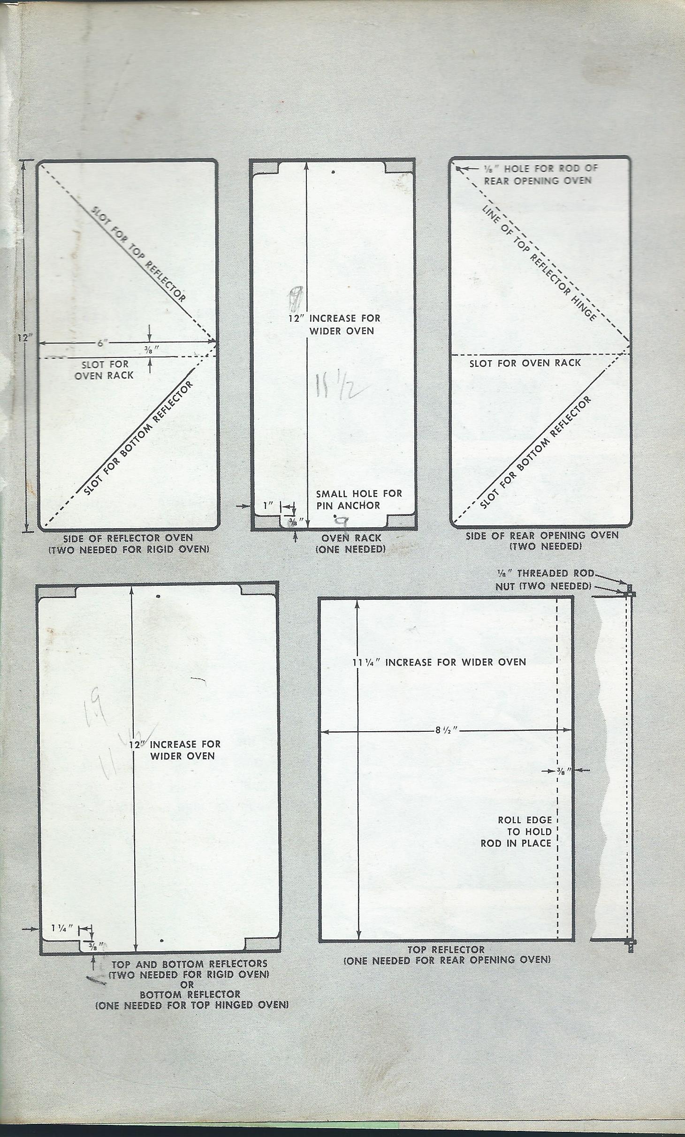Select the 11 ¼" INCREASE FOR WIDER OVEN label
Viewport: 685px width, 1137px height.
(439, 662)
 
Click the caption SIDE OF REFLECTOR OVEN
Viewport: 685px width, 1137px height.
(128, 538)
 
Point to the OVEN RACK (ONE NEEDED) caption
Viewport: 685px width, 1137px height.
(351, 543)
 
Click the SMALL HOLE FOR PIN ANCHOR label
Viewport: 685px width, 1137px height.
(359, 500)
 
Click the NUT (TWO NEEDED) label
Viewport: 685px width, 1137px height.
(543, 586)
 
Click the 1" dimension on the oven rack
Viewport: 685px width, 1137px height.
(268, 506)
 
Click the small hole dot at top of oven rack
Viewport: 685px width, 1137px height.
(333, 172)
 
